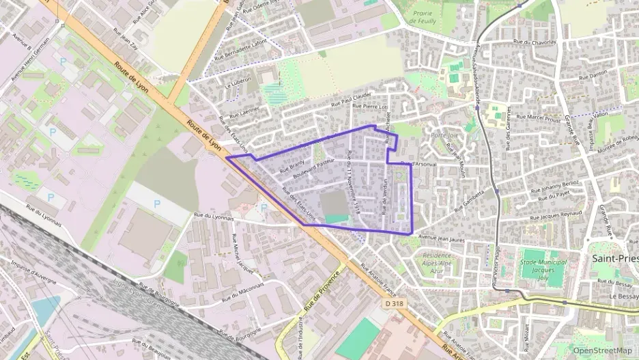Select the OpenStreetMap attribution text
[x=602, y=350]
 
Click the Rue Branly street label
[x=292, y=164]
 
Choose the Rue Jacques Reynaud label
[x=555, y=216]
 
